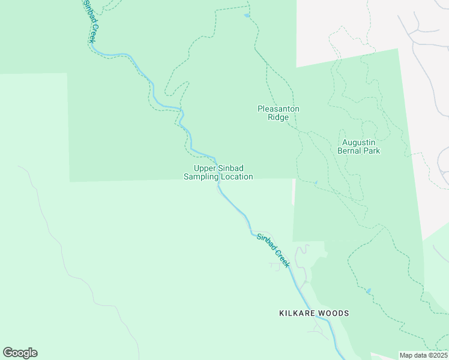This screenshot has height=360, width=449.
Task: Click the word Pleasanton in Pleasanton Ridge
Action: point(279,109)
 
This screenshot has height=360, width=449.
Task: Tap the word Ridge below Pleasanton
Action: point(279,118)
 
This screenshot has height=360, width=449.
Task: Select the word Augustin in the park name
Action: point(359,142)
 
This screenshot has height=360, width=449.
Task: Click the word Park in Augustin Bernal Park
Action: point(372,151)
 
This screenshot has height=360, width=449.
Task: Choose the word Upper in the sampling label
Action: point(204,169)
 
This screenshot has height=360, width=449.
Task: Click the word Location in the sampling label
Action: point(237,177)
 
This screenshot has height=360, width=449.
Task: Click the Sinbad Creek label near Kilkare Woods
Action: point(273,250)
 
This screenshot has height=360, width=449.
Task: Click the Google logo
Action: point(20,353)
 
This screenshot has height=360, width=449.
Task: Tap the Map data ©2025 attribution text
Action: point(423,355)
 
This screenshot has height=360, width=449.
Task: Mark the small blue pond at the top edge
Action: point(247,16)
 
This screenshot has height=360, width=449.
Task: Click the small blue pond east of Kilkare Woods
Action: point(369,291)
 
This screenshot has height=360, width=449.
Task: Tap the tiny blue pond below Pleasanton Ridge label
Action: point(315,183)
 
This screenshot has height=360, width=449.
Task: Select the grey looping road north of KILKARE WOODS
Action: point(303,264)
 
